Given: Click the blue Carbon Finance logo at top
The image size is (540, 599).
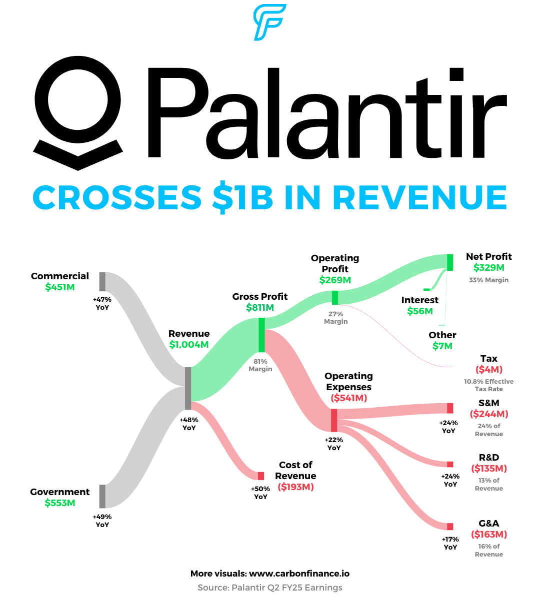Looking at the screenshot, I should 269,22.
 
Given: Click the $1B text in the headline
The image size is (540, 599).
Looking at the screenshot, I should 243,197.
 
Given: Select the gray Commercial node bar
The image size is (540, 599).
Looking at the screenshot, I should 102,282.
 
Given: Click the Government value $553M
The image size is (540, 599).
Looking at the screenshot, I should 60,503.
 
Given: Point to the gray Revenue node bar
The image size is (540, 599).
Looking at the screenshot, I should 188,389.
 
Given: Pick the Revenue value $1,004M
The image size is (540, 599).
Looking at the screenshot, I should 189,345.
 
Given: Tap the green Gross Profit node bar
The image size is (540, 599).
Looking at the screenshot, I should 261,335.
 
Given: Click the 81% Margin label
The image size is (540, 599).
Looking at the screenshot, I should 260,365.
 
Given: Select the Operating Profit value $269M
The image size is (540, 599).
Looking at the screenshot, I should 335,280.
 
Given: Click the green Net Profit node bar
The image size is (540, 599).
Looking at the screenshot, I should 450,262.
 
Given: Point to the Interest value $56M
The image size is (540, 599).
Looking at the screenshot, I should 420,311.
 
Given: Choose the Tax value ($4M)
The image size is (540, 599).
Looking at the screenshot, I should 489,370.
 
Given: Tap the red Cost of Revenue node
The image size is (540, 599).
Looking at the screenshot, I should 261,476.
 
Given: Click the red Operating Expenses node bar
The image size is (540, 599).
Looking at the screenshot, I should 334,420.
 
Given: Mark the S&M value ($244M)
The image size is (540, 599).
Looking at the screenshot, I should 489,414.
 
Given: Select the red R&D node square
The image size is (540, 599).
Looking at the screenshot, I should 450,464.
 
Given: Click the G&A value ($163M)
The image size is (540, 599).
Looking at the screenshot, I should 489,535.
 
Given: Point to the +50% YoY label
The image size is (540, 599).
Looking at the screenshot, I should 260,493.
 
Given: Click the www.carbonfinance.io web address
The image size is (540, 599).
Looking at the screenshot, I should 299,574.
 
